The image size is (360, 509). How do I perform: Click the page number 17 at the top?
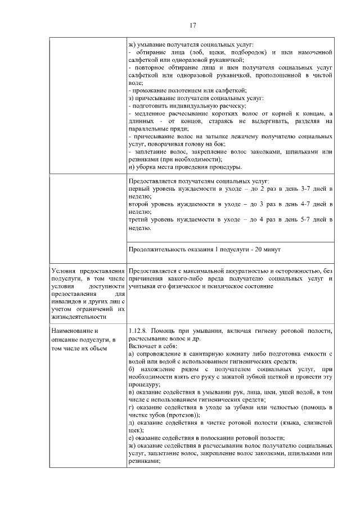[192, 25]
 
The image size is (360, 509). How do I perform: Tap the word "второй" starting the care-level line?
[139, 205]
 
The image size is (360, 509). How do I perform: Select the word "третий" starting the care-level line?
[140, 220]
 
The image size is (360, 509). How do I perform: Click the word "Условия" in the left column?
[64, 272]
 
